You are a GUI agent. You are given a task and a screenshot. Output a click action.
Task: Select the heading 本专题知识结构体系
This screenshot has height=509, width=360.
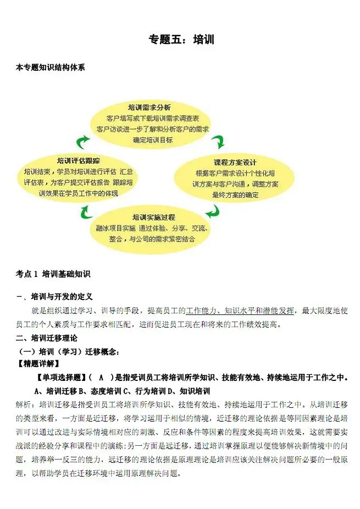[x=51, y=68]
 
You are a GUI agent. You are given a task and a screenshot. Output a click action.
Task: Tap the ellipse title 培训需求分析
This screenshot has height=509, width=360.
[x=149, y=106]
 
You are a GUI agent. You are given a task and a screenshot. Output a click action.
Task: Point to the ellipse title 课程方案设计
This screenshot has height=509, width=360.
[x=235, y=163]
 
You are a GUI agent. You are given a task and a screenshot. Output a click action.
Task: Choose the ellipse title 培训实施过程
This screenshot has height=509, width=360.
[x=153, y=218]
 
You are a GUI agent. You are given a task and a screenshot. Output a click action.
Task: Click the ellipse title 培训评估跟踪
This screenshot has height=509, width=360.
[x=79, y=161]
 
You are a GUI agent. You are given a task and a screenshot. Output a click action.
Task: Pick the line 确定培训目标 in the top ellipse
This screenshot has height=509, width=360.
[x=153, y=140]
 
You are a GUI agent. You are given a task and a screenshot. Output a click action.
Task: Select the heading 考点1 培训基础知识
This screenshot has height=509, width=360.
[x=53, y=273]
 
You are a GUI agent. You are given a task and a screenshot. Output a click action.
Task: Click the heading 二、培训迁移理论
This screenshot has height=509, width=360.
[x=47, y=337]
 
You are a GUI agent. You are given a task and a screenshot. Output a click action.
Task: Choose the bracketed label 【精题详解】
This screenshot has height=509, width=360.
[x=39, y=363]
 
